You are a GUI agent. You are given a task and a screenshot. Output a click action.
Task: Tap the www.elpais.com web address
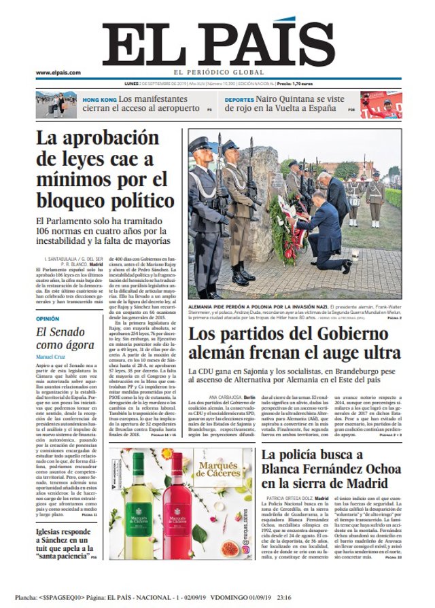[58, 73]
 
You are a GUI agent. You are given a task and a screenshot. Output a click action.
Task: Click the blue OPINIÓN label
[48, 318]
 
